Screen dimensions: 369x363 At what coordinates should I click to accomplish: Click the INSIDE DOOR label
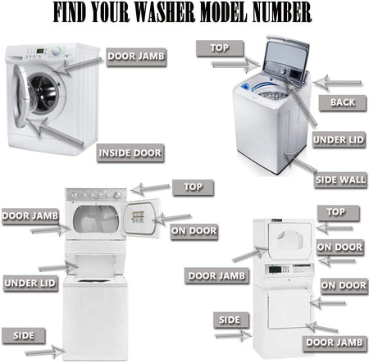coord(130,153)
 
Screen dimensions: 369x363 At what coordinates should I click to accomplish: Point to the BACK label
coord(343,102)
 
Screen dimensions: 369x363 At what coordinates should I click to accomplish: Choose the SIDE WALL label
coord(340,179)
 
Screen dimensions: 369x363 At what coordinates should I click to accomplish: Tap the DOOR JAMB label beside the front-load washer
coord(136,57)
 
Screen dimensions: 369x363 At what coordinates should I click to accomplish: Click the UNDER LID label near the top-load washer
coord(339,140)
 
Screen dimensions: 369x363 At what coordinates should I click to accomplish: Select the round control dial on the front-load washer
coord(57,52)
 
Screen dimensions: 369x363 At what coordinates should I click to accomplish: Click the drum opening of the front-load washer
coord(43,93)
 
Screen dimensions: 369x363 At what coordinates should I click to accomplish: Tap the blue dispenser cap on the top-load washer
coord(245,88)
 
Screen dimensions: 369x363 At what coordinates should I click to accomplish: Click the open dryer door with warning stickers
coord(142,218)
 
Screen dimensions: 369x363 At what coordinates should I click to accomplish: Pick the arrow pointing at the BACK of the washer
coord(337,82)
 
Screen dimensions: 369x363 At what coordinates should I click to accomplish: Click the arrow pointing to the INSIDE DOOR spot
coord(55,131)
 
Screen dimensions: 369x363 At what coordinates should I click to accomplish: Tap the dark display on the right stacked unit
coord(275,270)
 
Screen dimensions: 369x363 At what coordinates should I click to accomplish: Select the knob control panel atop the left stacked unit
coord(96,195)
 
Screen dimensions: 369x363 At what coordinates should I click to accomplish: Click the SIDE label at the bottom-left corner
coord(24,336)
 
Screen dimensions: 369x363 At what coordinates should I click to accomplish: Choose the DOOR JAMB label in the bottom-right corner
coord(335,343)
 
